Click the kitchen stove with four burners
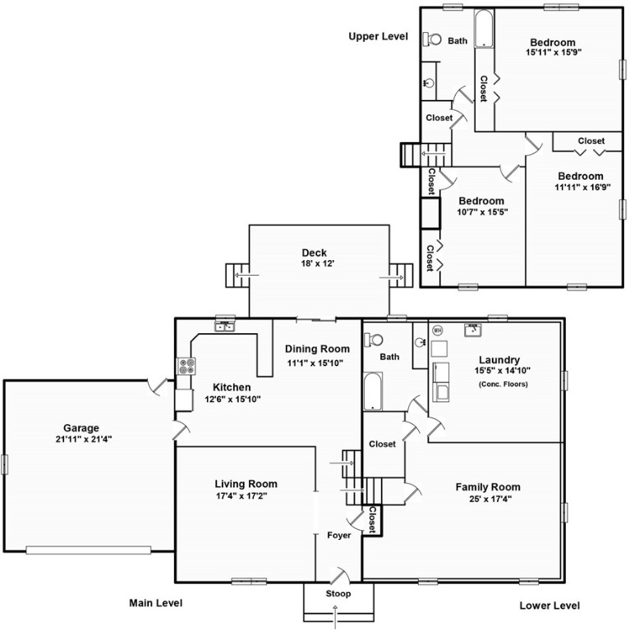[186, 366]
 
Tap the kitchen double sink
[224, 326]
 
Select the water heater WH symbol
[437, 331]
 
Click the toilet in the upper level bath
[432, 39]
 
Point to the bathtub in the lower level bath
[373, 391]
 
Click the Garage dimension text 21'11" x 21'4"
[84, 439]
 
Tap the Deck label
[315, 253]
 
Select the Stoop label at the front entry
[338, 593]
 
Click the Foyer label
[338, 535]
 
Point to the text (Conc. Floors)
[504, 384]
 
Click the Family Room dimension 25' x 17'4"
[490, 499]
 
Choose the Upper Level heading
[378, 37]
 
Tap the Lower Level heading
[550, 605]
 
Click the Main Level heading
[156, 603]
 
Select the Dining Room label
[317, 349]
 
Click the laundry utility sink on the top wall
[473, 330]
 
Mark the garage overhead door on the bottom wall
[89, 550]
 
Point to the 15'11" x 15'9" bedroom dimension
[554, 52]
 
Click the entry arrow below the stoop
[336, 618]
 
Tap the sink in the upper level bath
[430, 83]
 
